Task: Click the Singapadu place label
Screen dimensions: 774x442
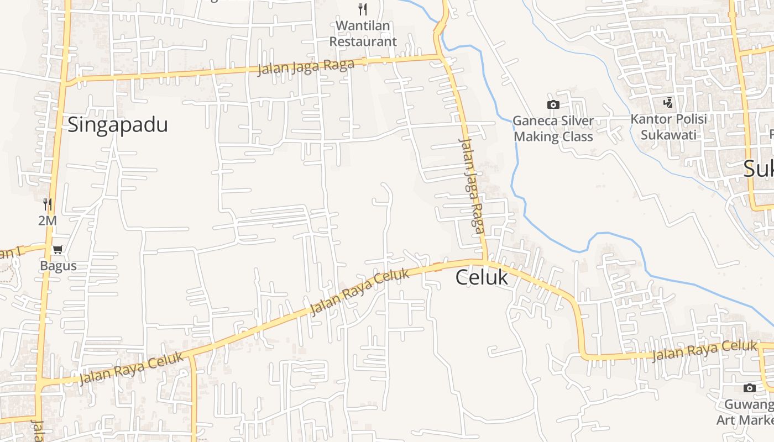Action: [117, 125]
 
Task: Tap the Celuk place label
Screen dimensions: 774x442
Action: [482, 277]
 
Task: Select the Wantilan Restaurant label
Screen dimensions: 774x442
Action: [363, 34]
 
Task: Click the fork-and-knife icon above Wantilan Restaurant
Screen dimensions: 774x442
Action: [363, 9]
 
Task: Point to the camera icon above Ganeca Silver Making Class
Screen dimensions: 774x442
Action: [553, 104]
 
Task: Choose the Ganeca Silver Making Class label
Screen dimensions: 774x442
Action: [553, 129]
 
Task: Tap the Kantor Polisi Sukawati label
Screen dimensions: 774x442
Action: [668, 127]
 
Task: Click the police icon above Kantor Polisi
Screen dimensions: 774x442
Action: [668, 102]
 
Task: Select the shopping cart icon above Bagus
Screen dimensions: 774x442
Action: [58, 250]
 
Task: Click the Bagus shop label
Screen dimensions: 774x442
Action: [58, 266]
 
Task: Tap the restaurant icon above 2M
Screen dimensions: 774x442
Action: [48, 204]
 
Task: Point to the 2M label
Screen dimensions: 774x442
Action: [48, 220]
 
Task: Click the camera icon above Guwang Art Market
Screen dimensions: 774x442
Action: [749, 388]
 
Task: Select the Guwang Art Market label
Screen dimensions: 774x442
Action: [746, 412]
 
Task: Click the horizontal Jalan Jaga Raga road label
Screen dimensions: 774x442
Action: [306, 67]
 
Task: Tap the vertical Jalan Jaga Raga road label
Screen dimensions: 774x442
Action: [472, 185]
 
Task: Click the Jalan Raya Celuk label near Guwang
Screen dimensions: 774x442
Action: [704, 351]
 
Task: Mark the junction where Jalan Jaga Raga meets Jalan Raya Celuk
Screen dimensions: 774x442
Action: [485, 260]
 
